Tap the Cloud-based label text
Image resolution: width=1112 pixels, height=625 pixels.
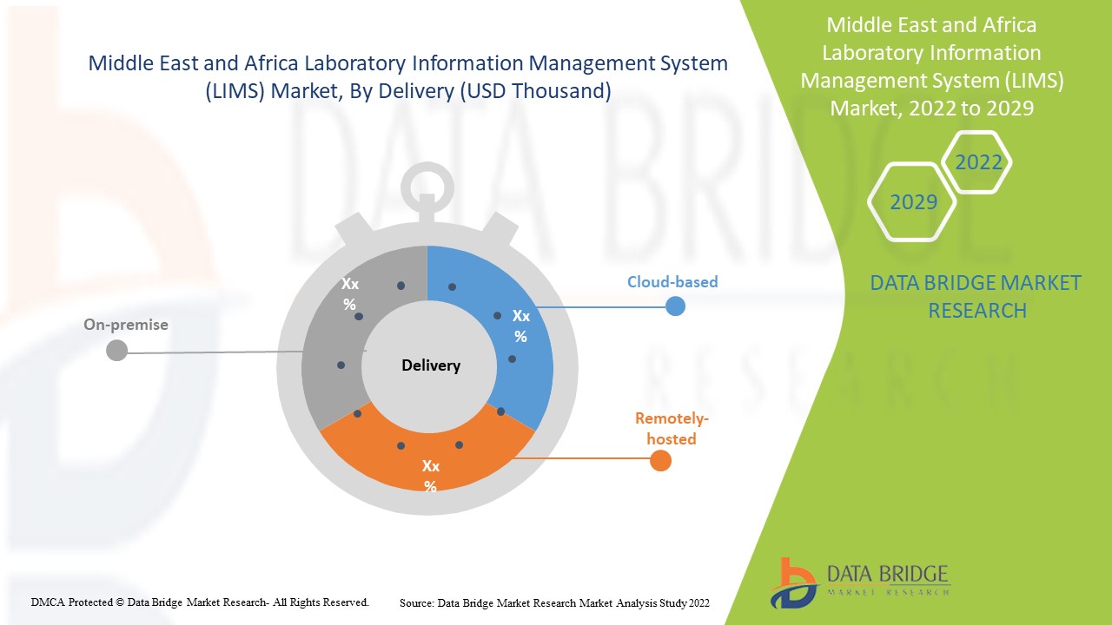click(672, 282)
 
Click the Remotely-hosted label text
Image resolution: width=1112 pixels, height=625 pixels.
click(672, 428)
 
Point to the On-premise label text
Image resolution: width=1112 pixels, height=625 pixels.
click(126, 325)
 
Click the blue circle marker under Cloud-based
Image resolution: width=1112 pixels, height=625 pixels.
click(675, 306)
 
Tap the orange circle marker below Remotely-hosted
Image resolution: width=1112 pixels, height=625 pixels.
click(660, 461)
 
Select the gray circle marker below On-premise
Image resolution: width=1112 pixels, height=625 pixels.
click(116, 351)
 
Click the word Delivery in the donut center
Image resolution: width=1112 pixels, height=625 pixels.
click(431, 365)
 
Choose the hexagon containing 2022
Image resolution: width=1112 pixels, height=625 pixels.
click(978, 162)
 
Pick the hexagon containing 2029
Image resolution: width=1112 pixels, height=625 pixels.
click(913, 202)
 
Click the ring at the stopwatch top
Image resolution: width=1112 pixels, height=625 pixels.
click(427, 183)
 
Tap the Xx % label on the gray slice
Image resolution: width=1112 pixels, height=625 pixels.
click(349, 293)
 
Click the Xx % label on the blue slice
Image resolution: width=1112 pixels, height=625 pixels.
click(520, 326)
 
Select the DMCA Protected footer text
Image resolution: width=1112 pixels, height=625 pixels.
click(201, 602)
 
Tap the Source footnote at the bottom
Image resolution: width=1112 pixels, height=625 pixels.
click(555, 602)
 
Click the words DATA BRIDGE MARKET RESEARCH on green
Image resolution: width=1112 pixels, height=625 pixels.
click(976, 296)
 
